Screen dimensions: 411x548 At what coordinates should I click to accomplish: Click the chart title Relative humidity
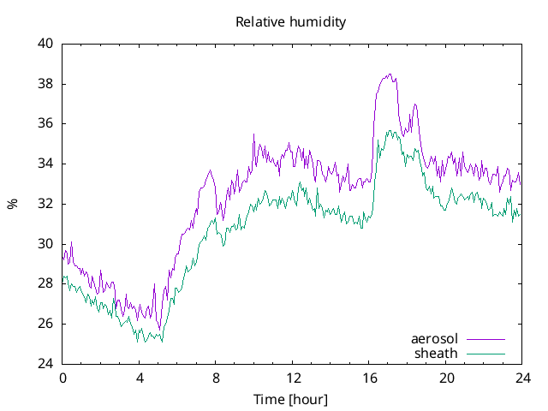(x=290, y=22)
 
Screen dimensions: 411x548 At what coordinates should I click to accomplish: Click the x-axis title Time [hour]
(x=290, y=399)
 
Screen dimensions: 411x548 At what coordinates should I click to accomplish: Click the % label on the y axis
(x=12, y=204)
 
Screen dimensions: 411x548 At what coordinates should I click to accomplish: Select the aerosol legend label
(x=434, y=339)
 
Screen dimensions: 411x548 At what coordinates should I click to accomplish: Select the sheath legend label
(x=436, y=353)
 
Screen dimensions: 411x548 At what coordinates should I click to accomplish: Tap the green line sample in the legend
(x=485, y=354)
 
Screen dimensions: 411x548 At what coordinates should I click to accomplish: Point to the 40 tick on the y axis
(x=45, y=44)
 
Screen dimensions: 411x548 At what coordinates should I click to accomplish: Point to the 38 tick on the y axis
(x=45, y=84)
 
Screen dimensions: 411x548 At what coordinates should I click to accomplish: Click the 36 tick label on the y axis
(x=45, y=123)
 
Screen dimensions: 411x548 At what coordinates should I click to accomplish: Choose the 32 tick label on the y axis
(x=45, y=204)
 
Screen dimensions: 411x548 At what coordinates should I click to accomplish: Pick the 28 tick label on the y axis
(x=45, y=283)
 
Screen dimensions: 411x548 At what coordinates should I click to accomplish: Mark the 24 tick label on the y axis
(x=45, y=364)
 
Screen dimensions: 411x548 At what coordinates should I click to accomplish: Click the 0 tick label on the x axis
(x=63, y=378)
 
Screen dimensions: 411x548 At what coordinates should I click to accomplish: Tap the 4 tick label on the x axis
(x=140, y=378)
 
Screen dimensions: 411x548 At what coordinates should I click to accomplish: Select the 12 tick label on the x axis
(x=293, y=378)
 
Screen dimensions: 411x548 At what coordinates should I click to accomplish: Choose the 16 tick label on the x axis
(x=370, y=378)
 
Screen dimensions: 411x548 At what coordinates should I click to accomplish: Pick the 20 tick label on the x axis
(x=446, y=378)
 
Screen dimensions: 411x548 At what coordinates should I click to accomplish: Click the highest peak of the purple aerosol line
(x=390, y=74)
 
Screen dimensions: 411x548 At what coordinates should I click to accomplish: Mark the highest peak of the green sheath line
(x=390, y=131)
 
